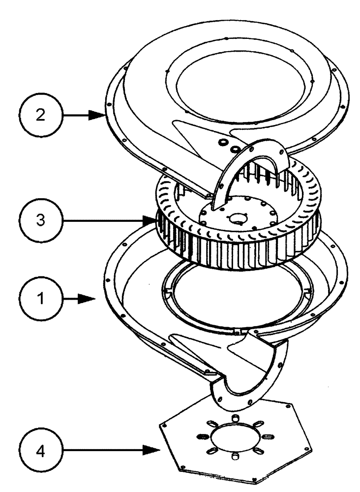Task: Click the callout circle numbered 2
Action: click(x=42, y=116)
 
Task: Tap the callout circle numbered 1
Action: click(x=42, y=298)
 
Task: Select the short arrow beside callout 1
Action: click(x=84, y=298)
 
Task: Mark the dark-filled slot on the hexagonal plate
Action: click(x=201, y=436)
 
